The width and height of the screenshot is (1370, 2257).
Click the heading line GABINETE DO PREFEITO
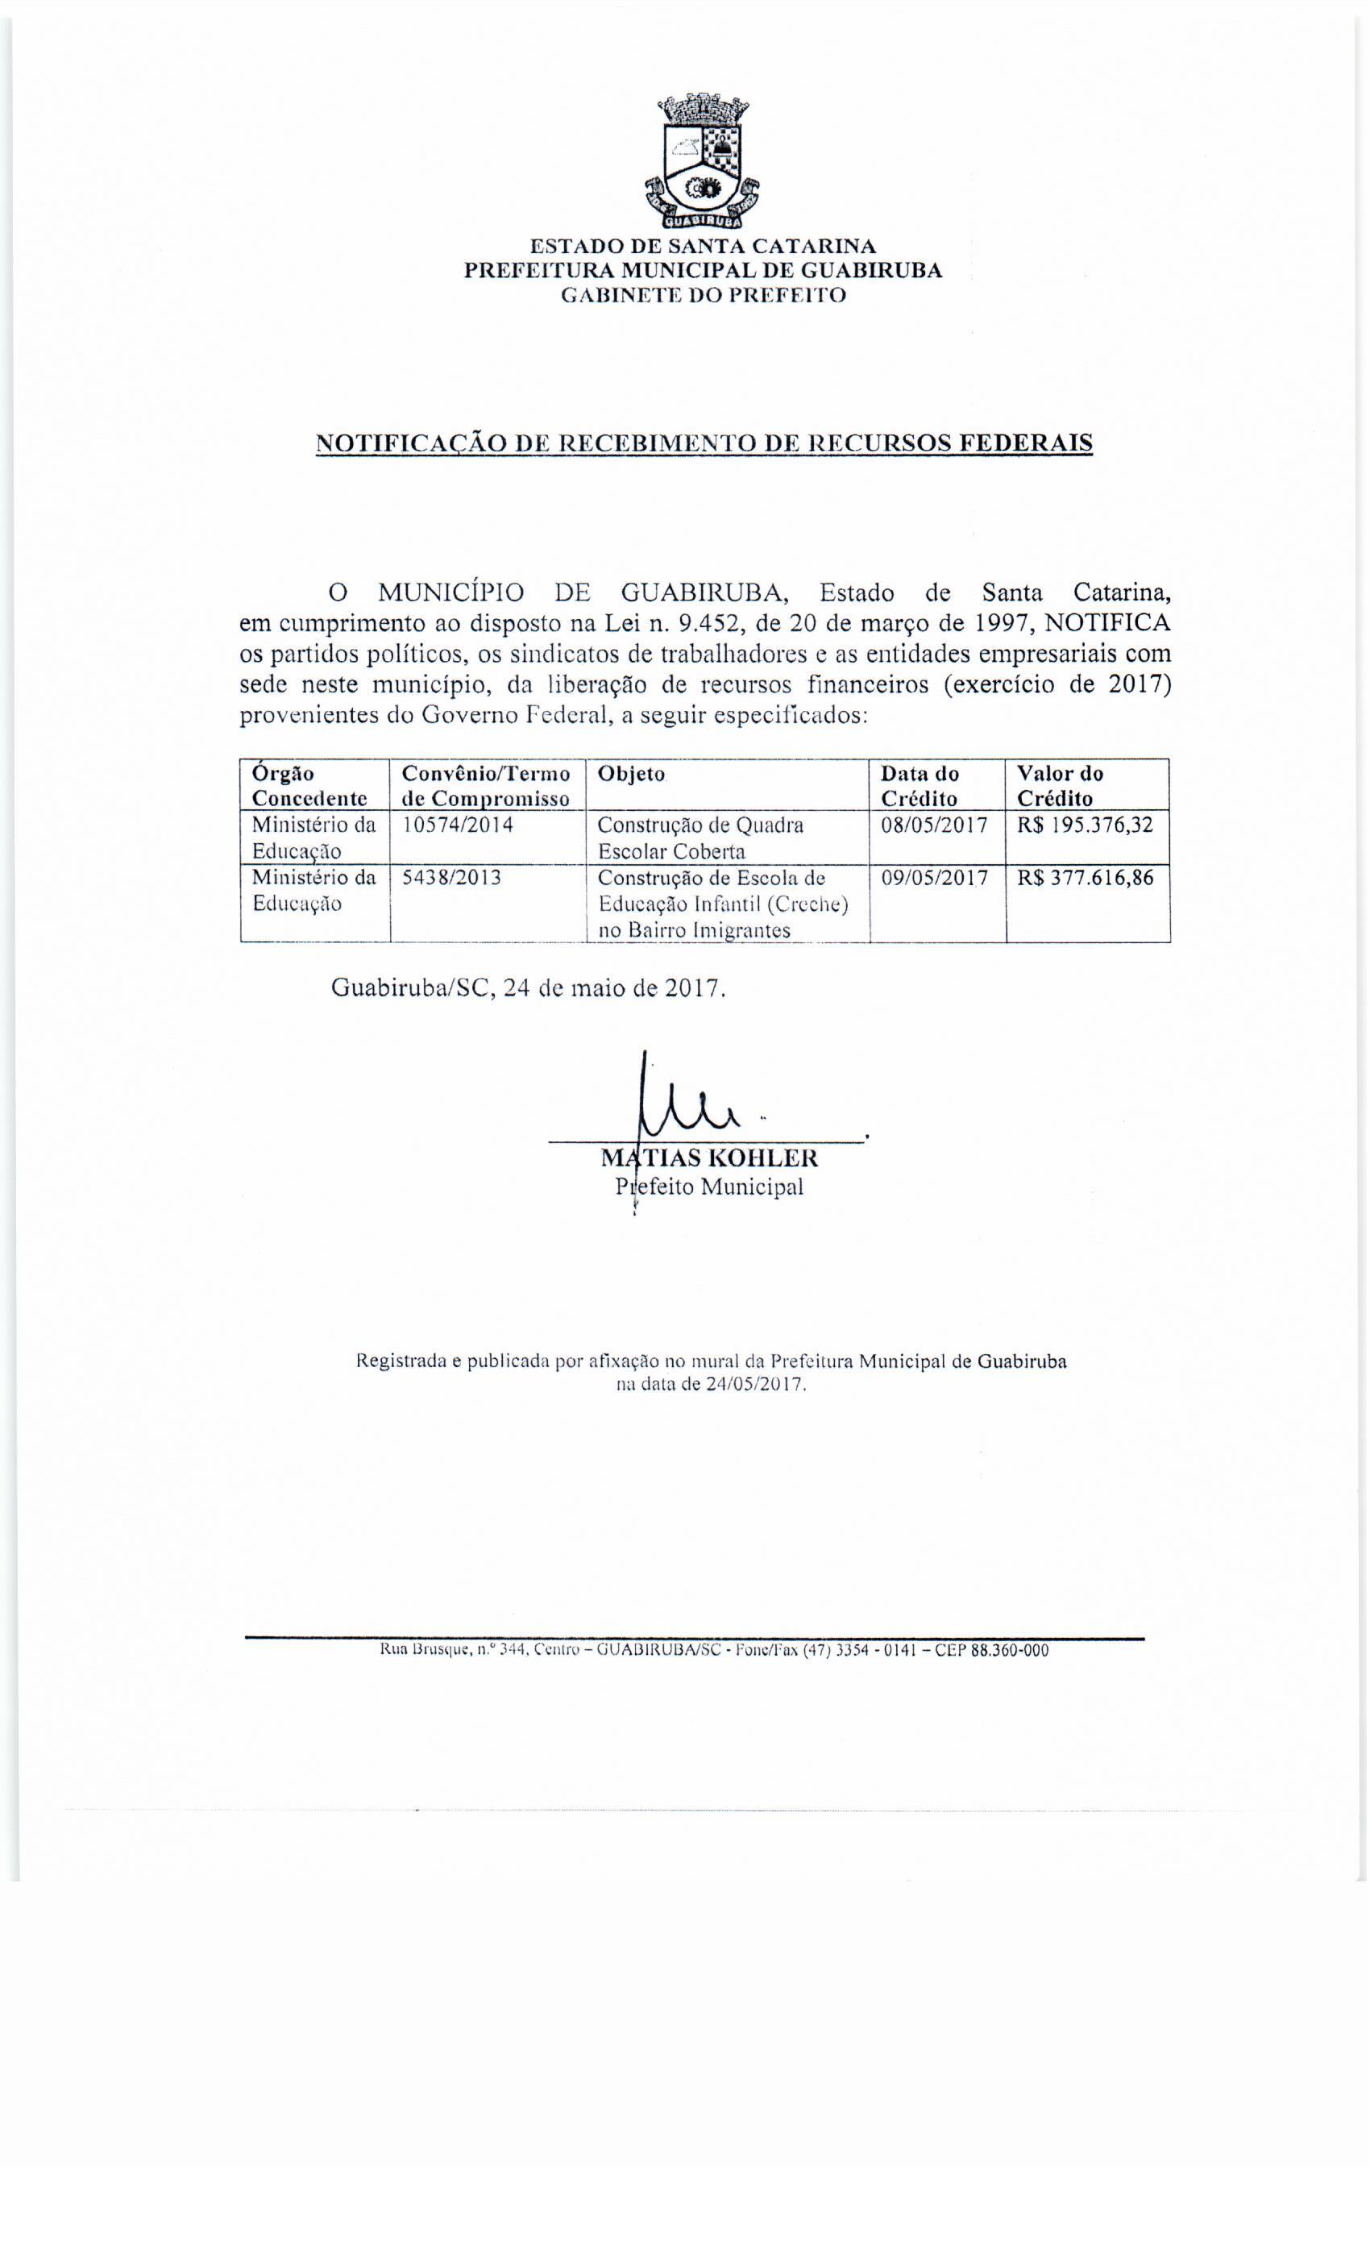click(703, 295)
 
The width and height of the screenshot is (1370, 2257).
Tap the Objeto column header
click(631, 773)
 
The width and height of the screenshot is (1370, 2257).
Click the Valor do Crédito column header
click(1061, 785)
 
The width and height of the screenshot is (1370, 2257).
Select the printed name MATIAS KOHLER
click(709, 1159)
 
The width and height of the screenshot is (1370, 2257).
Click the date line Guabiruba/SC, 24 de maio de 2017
click(529, 989)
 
